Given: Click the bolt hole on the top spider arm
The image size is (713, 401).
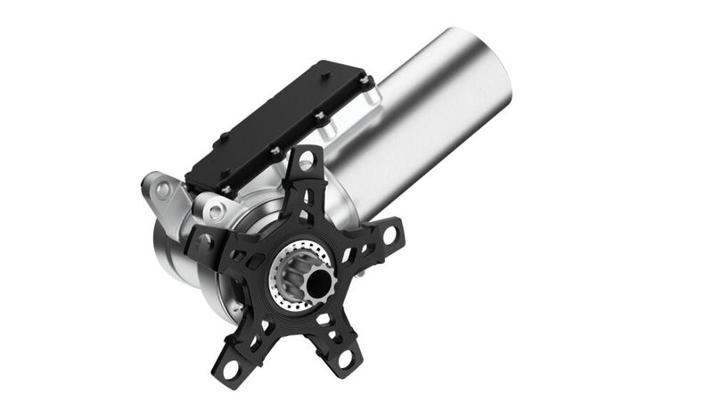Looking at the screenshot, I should tap(306, 161).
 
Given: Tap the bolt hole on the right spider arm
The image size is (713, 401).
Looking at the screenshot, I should tap(389, 235).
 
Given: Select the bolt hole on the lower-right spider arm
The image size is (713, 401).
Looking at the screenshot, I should tap(344, 359).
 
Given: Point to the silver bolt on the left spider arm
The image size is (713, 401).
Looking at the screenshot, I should tap(203, 241).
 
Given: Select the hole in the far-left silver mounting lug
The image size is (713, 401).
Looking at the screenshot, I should tap(162, 189).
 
